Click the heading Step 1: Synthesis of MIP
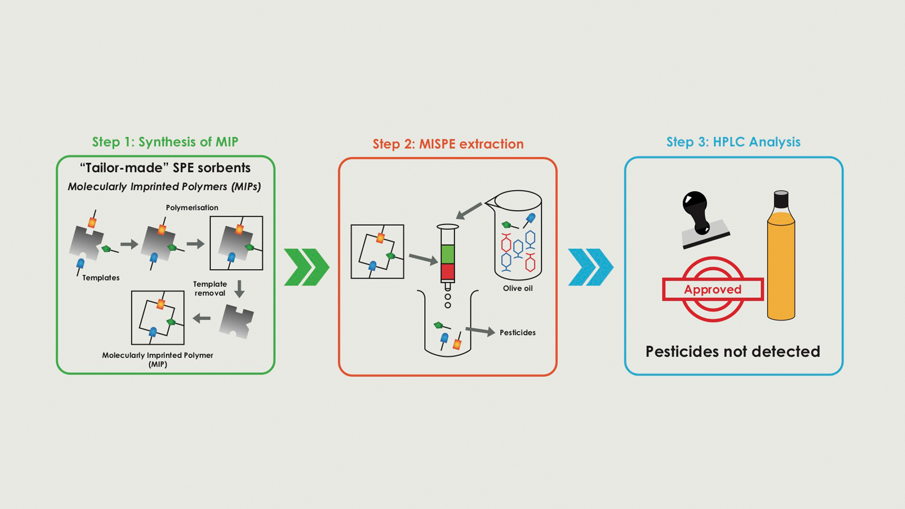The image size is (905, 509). click(165, 142)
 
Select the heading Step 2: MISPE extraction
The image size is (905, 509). click(448, 144)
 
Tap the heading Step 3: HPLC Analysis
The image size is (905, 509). click(733, 142)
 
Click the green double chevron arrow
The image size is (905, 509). click(306, 267)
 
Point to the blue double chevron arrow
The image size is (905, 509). click(591, 267)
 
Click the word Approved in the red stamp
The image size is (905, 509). click(713, 289)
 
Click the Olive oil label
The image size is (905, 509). click(518, 288)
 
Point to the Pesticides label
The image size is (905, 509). click(518, 333)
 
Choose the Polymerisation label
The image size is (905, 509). click(192, 208)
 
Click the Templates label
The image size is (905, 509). click(101, 278)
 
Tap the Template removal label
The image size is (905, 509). click(210, 288)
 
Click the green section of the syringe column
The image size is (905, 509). click(448, 254)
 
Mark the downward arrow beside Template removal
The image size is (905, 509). click(239, 289)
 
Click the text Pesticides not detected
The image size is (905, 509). click(732, 352)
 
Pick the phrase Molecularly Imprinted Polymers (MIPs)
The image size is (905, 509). click(164, 187)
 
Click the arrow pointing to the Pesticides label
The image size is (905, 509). click(480, 331)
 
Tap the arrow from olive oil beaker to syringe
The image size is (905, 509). click(469, 211)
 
